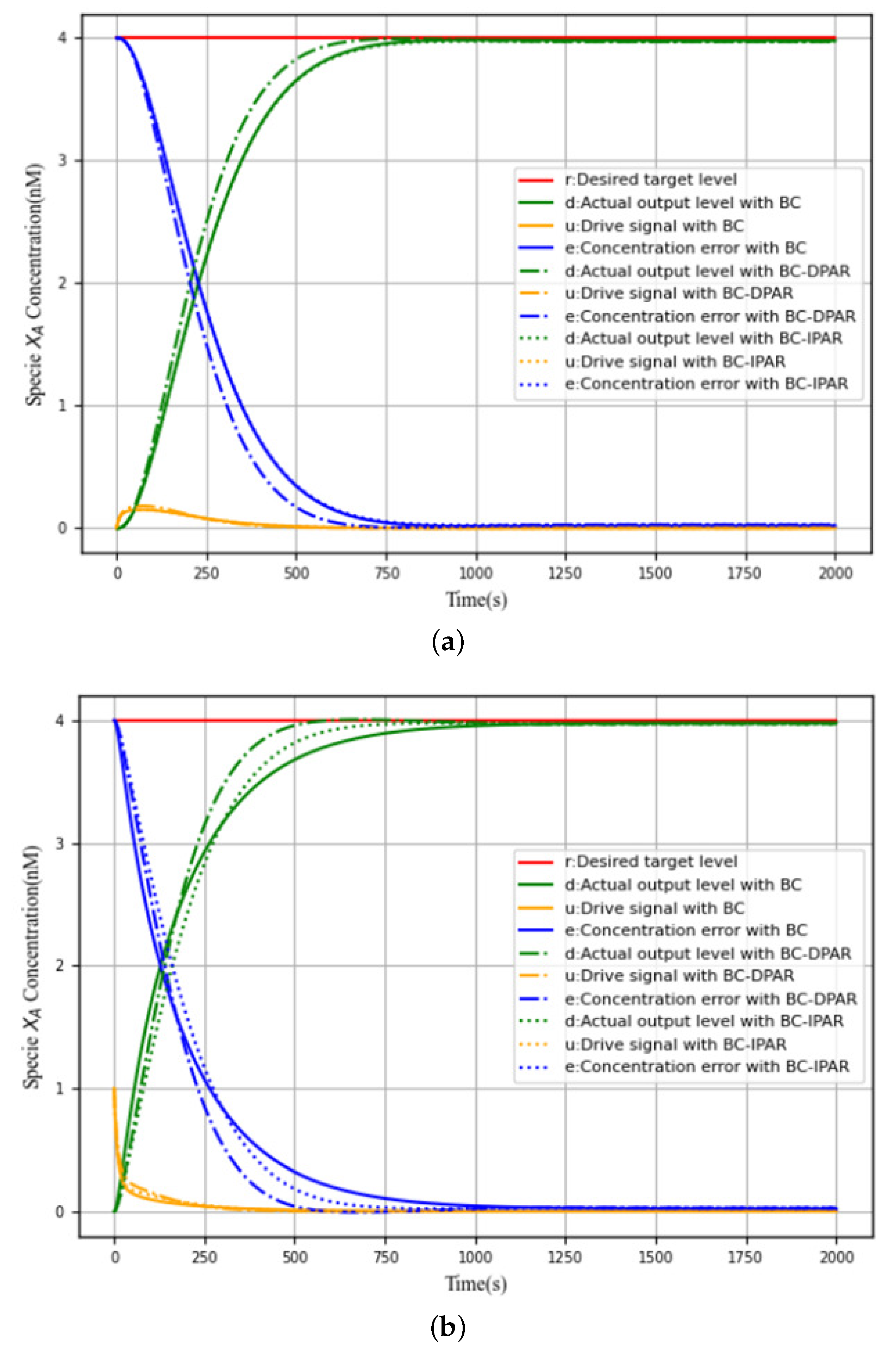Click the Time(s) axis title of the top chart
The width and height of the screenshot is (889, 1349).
click(476, 599)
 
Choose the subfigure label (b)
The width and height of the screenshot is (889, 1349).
click(448, 1326)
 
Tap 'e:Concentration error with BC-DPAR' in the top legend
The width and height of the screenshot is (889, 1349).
click(710, 316)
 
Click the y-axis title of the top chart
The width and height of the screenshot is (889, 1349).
click(35, 284)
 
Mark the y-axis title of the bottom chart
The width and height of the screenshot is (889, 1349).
click(33, 967)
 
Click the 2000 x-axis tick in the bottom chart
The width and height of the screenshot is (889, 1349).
click(836, 1257)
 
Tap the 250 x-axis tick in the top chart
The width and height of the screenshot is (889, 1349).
click(206, 573)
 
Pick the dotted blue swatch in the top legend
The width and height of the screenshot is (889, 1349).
click(535, 385)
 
